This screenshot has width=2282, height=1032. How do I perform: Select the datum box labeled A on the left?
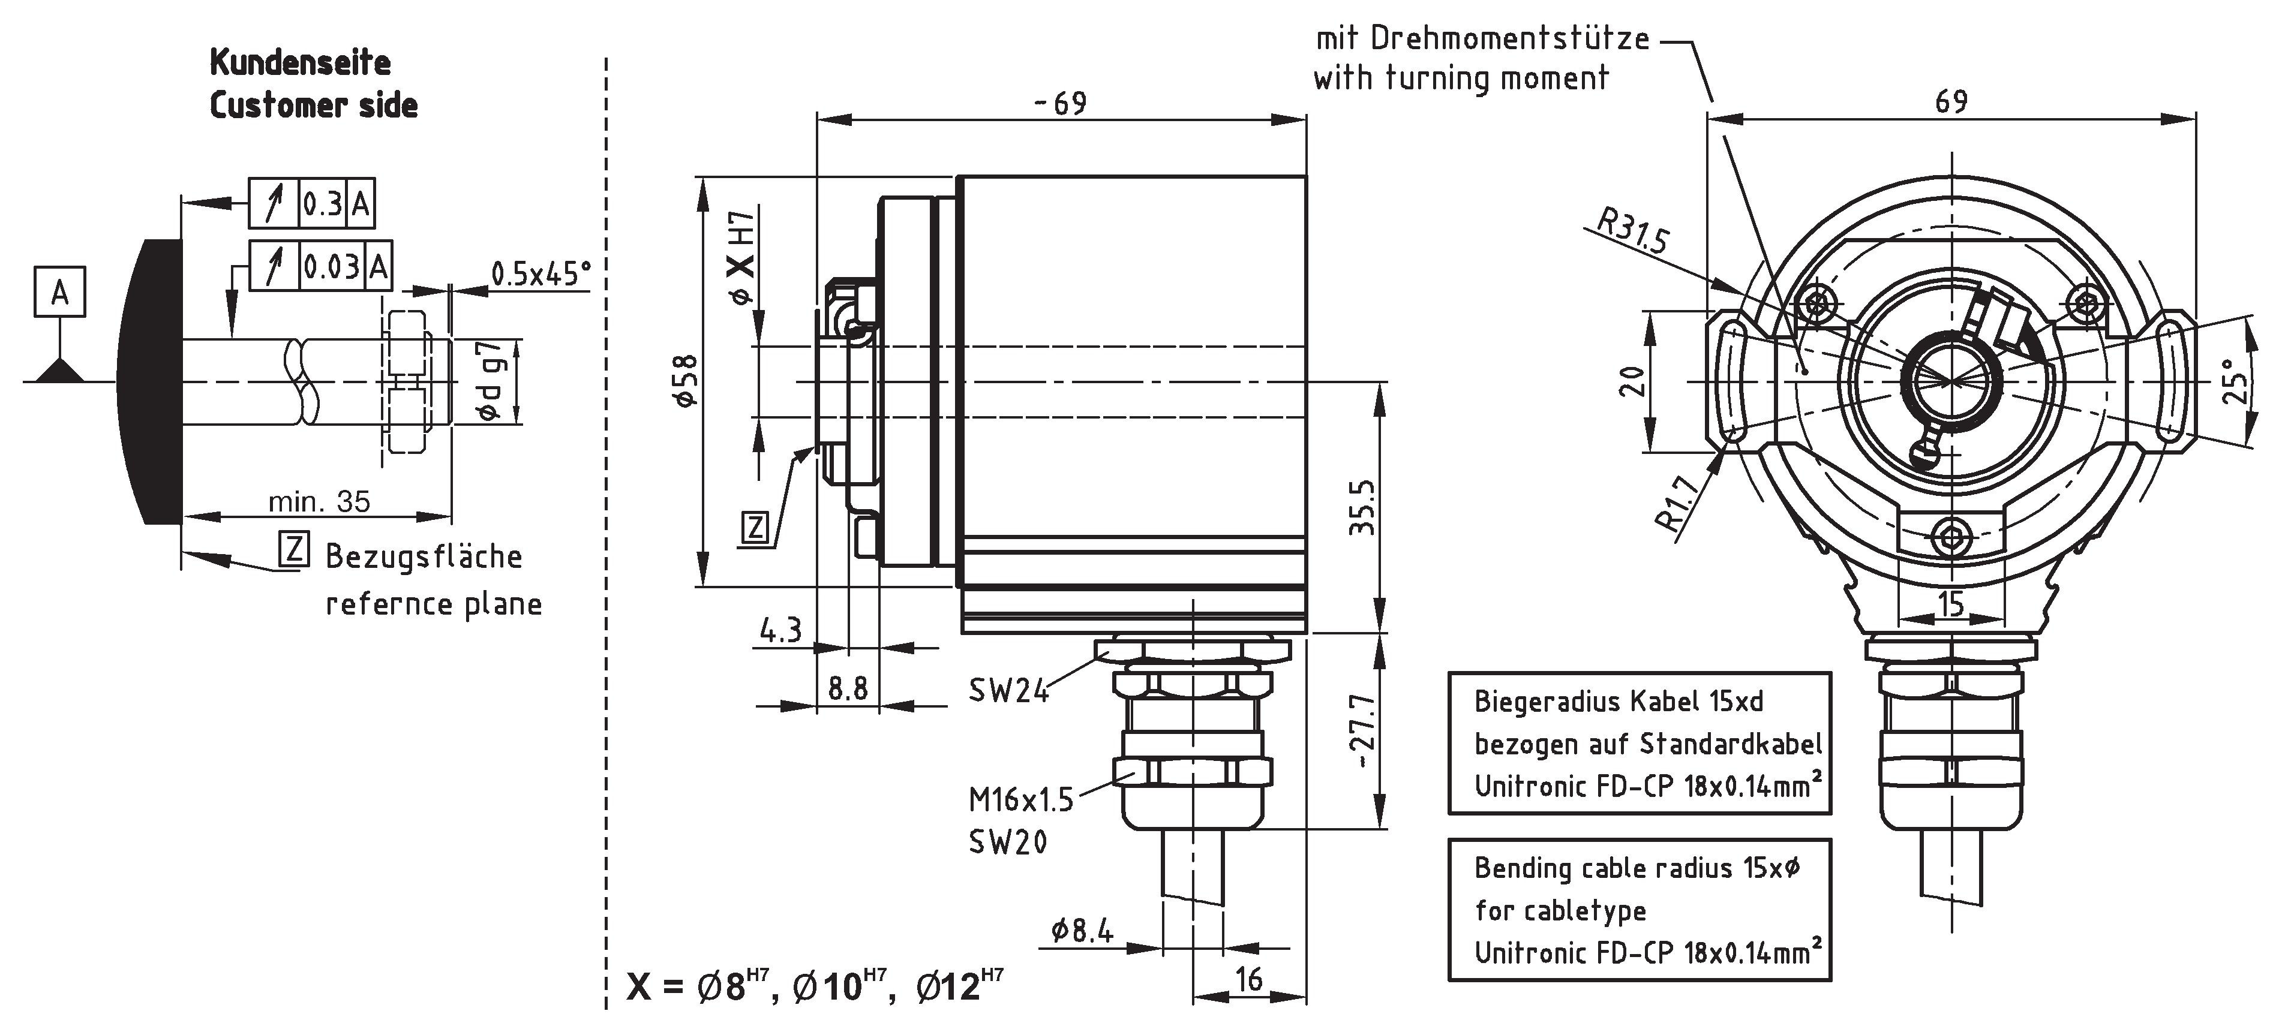coord(59,291)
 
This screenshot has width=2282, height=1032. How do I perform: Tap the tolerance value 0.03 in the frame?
coord(331,267)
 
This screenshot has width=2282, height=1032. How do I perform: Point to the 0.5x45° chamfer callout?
coord(541,273)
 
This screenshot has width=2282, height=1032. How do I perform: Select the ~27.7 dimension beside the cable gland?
coord(1362,732)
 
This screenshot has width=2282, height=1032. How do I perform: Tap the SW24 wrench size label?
coord(1007,690)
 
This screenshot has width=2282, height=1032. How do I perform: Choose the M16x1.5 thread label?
coord(1020,800)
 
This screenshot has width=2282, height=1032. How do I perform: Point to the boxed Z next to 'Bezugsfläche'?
coord(293,549)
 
